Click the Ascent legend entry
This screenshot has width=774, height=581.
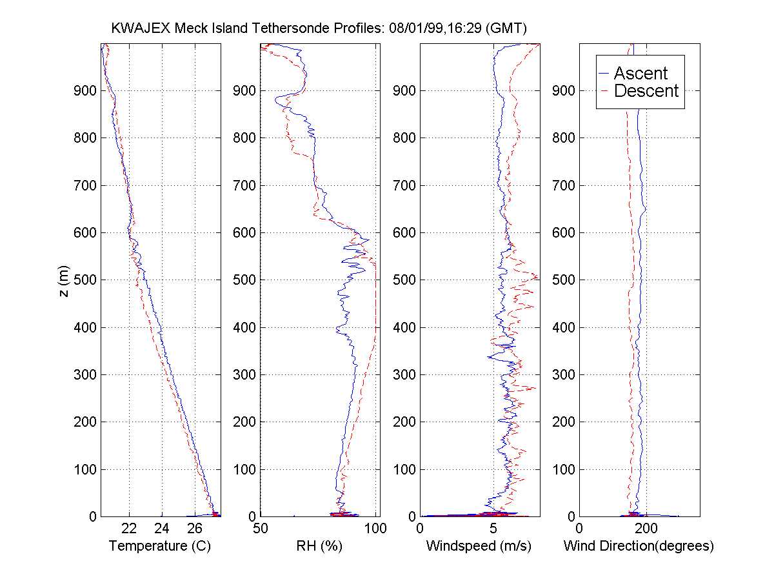640,73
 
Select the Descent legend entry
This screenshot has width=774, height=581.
646,91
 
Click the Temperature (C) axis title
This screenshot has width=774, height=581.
160,546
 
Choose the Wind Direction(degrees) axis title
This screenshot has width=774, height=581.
639,546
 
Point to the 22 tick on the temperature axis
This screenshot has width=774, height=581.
129,529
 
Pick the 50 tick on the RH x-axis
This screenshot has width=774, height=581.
261,529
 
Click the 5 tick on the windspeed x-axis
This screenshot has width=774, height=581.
493,529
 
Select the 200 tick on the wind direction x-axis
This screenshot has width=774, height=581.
646,529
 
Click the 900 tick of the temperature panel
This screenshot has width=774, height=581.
84,90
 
